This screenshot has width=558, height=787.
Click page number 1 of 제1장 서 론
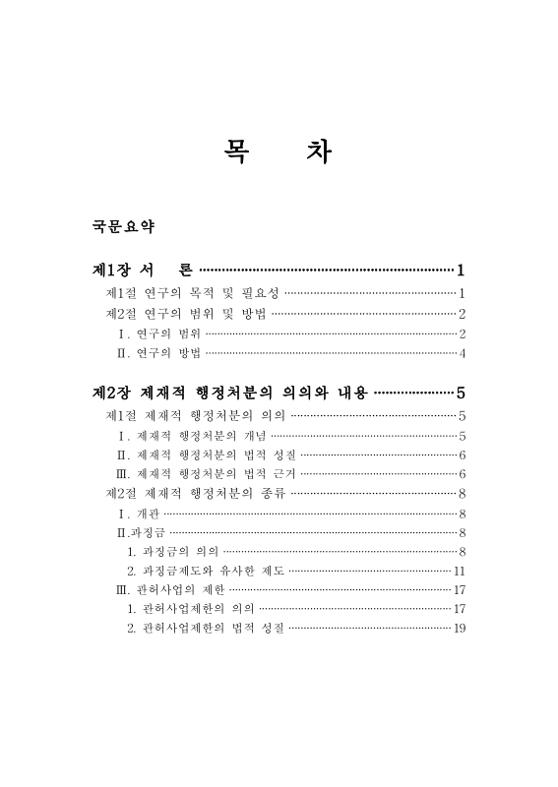point(461,270)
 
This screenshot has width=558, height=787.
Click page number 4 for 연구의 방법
point(462,353)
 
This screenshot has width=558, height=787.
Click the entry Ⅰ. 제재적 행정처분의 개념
point(191,435)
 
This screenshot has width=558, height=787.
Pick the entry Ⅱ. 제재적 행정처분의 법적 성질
point(206,454)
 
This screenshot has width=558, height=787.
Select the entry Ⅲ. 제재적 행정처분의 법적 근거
point(206,474)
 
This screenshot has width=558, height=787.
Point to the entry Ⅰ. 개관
point(138,514)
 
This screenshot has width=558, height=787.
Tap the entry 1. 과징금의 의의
point(172,551)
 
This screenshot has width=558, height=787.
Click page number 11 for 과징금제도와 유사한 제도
point(459,571)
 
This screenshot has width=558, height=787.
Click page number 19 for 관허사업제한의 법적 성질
point(459,629)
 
